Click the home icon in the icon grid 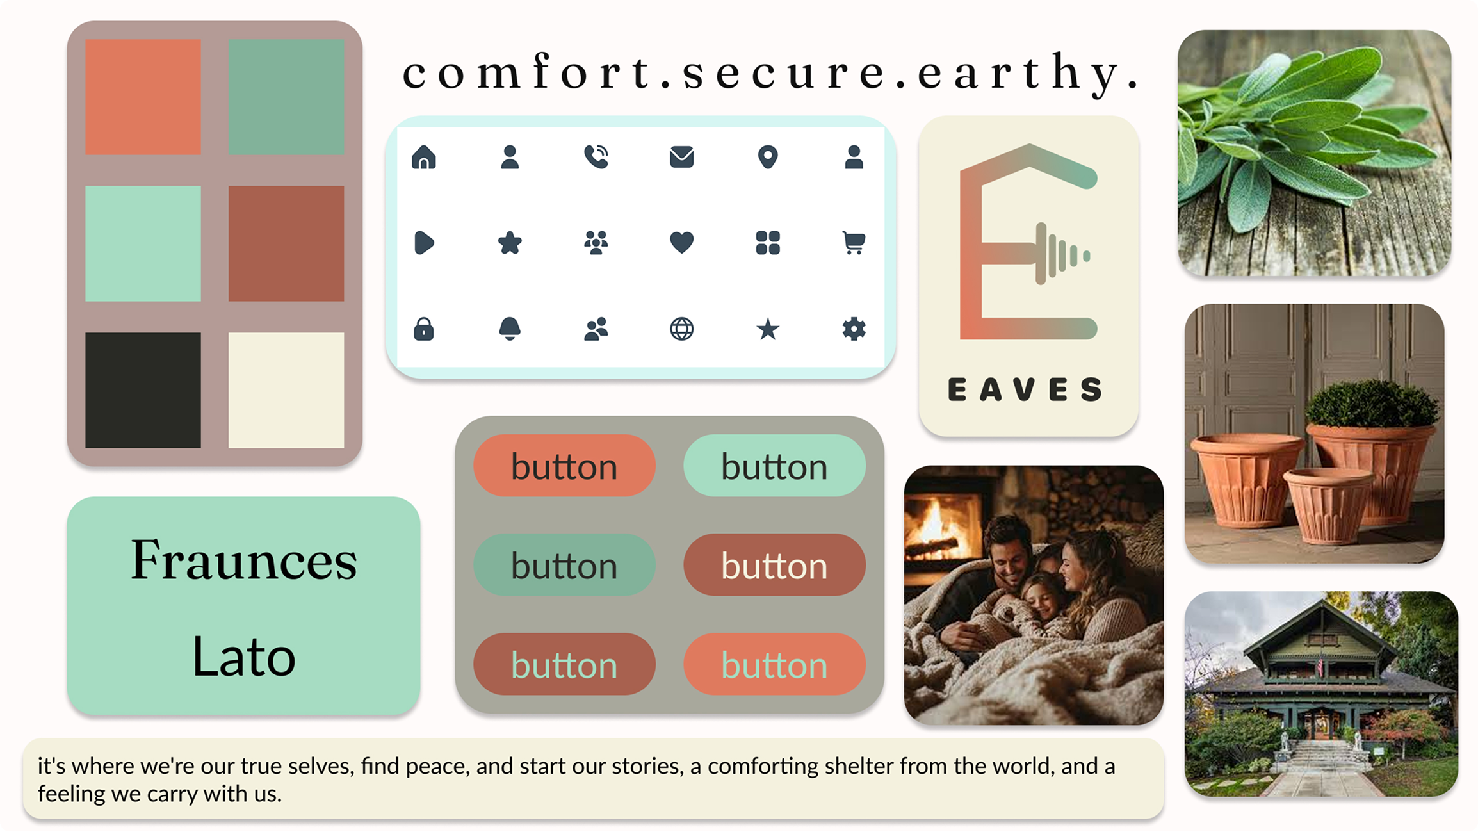coord(423,157)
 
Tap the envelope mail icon coord(681,157)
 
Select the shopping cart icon coord(854,243)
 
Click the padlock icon coord(423,329)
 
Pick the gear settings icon coord(854,329)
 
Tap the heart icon coord(681,243)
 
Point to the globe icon coord(681,329)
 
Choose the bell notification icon coord(510,329)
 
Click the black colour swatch coord(143,389)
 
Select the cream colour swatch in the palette coord(286,389)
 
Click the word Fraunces coord(243,560)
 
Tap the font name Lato coord(243,657)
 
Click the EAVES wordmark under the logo coord(1025,389)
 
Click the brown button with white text coord(774,566)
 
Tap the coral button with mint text coord(774,665)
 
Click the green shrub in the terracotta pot coord(1372,404)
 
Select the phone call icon coord(596,157)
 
